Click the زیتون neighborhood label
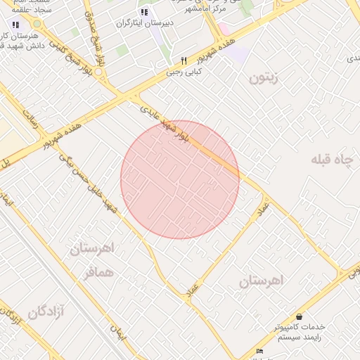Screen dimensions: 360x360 point(264,77)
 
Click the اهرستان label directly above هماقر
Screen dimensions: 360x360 point(92,249)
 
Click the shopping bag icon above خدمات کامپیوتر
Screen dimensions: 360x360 point(300,317)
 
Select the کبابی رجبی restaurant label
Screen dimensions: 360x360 point(184,71)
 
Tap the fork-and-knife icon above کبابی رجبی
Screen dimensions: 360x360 point(184,60)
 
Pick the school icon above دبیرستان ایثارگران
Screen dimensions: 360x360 point(144,12)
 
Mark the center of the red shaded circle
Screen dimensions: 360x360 point(180,179)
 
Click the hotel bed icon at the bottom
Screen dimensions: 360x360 point(260,351)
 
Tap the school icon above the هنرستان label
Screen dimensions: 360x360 point(15,25)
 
